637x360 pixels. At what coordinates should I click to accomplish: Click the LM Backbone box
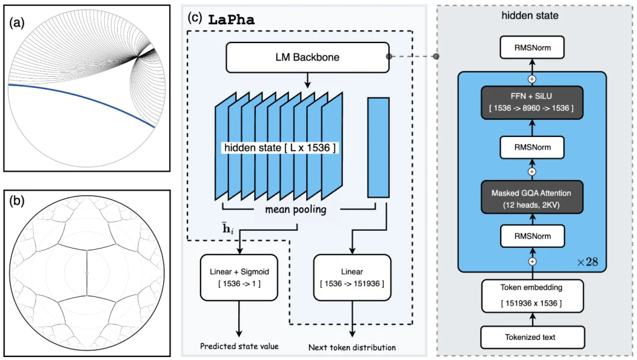(307, 57)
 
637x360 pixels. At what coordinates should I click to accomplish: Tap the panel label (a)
(19, 24)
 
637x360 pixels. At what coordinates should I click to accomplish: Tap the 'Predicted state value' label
(238, 346)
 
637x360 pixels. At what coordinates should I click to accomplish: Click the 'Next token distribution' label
(352, 347)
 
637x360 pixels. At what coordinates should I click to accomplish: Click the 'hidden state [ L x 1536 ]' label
(280, 148)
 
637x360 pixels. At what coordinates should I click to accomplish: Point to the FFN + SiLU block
(532, 103)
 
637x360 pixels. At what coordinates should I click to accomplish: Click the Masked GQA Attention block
(532, 198)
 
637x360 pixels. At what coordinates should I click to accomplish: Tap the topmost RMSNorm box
(532, 48)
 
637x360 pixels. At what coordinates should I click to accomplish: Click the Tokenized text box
(532, 337)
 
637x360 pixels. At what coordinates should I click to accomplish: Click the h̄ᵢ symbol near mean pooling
(229, 228)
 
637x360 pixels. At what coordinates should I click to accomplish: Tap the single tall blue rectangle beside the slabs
(378, 147)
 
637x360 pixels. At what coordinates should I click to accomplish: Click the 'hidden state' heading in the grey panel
(530, 16)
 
